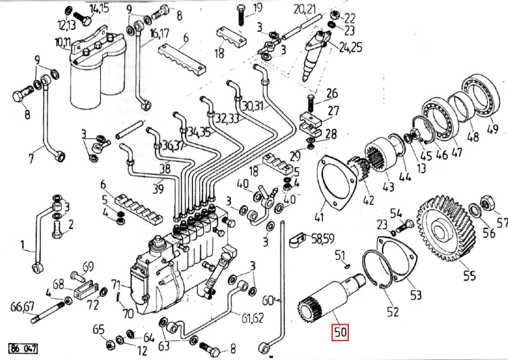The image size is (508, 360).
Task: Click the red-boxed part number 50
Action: click(339, 333)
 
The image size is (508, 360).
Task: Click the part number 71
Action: click(115, 284)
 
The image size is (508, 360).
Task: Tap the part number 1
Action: click(22, 244)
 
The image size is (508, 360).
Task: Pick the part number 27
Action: click(333, 111)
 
